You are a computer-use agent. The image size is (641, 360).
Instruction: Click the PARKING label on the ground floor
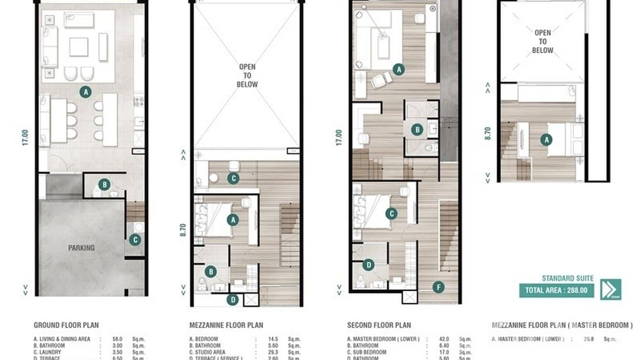point(81,248)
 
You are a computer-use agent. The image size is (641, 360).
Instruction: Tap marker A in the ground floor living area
point(85,92)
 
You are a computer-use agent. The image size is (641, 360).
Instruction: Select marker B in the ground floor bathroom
point(104,184)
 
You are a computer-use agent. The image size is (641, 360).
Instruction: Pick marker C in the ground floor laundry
point(135,240)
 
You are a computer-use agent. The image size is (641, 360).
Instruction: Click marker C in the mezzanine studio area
point(233,179)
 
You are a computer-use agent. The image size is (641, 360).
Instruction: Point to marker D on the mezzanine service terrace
point(233,300)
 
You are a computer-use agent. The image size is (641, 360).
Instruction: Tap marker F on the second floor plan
point(438,287)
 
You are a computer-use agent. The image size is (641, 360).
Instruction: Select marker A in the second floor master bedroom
point(398,69)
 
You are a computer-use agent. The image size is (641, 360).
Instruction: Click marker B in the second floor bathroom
point(417,129)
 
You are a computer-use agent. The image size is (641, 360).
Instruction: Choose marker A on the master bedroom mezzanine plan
point(546,140)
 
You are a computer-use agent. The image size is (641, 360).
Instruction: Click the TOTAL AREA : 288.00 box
point(557,290)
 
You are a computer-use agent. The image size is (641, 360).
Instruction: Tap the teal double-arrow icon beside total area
point(610,289)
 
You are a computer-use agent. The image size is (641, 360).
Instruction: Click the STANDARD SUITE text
point(567,278)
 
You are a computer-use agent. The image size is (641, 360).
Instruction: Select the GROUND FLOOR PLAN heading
point(66,325)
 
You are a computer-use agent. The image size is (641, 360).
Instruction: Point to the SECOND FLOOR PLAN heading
point(379,326)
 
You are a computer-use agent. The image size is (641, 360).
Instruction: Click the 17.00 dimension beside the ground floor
point(25,137)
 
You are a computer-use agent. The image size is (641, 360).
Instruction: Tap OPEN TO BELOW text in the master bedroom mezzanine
point(543,42)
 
